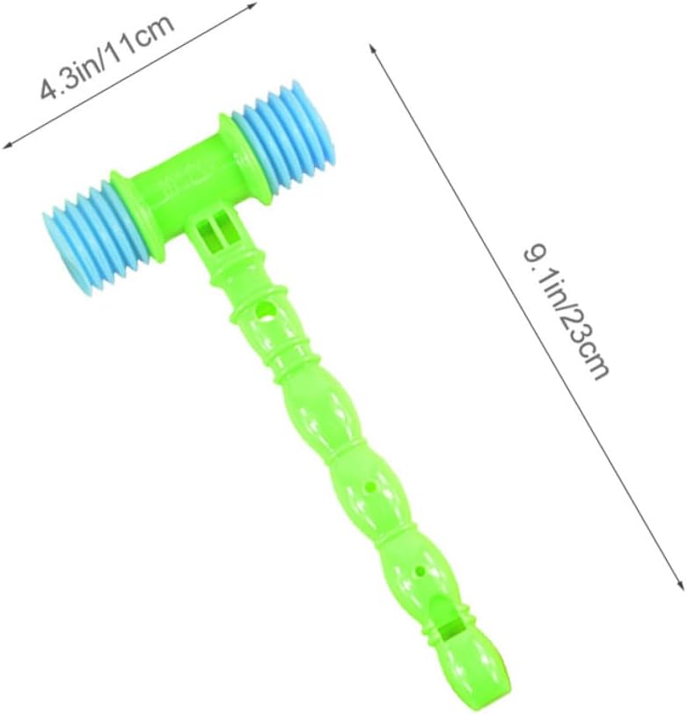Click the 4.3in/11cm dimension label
point(107,57)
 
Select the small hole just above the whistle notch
point(420,569)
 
